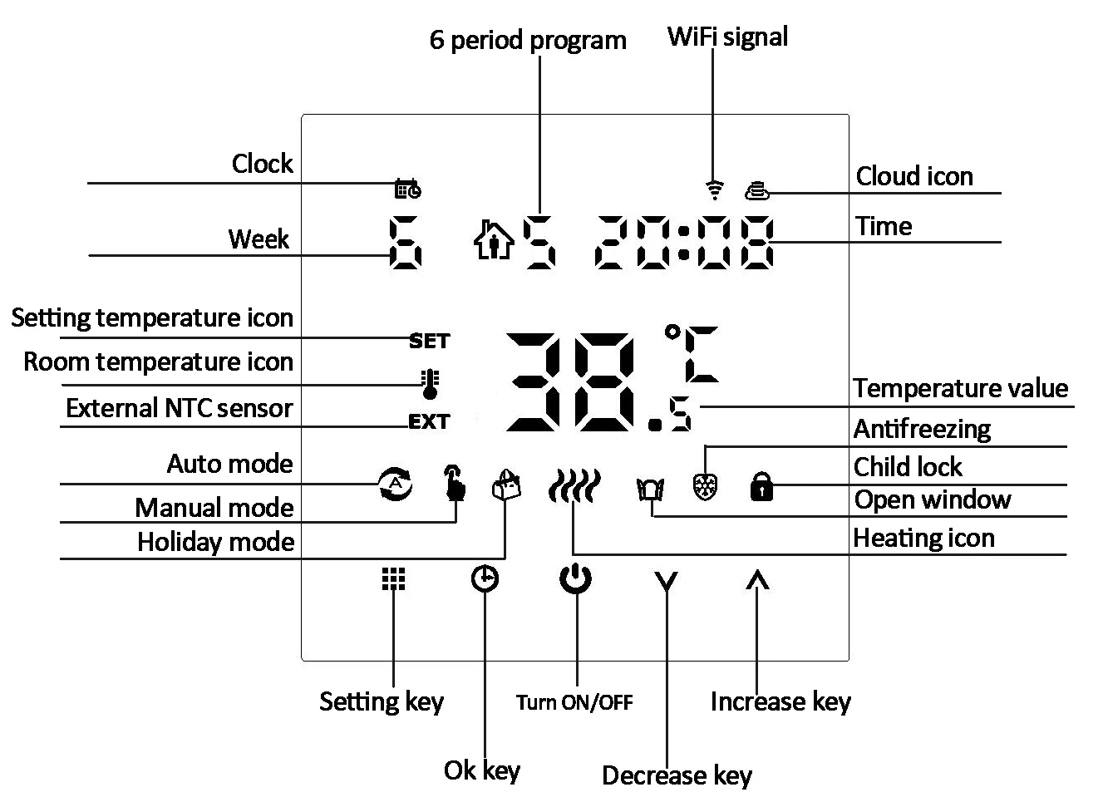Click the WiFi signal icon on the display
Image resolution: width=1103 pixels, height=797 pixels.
714,190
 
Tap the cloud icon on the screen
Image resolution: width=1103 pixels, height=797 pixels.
757,191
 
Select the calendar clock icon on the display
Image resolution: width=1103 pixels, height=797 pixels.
407,189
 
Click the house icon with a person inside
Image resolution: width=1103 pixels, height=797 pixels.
494,241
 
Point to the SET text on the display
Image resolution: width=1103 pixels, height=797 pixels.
429,341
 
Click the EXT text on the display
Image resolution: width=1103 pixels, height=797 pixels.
429,422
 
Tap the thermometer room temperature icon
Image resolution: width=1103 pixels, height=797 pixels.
430,383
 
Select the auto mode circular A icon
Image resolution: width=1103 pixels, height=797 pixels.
396,484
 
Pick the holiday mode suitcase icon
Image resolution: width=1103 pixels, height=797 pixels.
507,485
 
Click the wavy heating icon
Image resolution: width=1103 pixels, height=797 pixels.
574,486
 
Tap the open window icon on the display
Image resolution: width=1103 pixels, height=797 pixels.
650,488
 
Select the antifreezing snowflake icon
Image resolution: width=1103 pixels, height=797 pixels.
705,486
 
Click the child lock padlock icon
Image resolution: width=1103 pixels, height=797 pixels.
761,486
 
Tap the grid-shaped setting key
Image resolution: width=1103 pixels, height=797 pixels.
393,579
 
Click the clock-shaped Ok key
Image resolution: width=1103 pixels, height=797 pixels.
485,578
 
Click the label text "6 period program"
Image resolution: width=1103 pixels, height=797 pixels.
528,40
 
